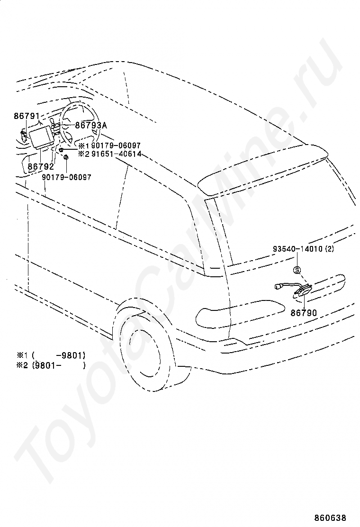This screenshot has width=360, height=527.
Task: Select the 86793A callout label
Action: coord(91,125)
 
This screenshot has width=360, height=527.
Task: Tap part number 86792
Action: coord(40,166)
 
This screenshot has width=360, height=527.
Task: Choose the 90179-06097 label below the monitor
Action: coord(67,177)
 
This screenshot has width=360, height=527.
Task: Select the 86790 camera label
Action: coord(304,312)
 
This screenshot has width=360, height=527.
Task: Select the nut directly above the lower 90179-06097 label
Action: coord(66,157)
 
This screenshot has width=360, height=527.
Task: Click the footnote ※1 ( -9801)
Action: coord(51,355)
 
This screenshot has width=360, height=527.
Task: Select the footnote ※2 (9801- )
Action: coord(51,365)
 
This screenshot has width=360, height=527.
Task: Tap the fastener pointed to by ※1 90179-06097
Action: coord(62,150)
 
